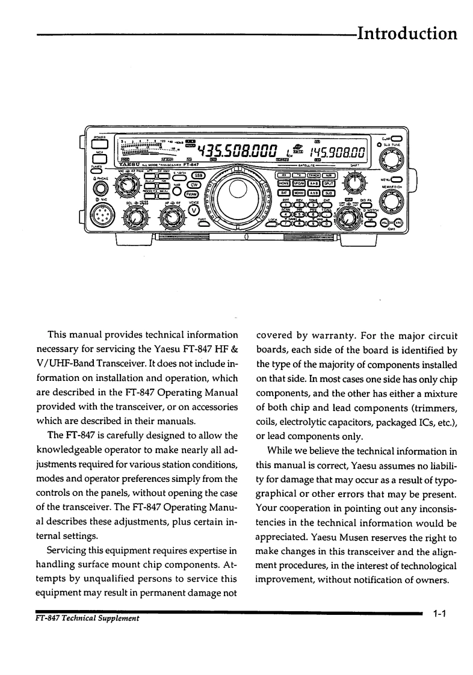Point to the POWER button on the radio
pos(99,141)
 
